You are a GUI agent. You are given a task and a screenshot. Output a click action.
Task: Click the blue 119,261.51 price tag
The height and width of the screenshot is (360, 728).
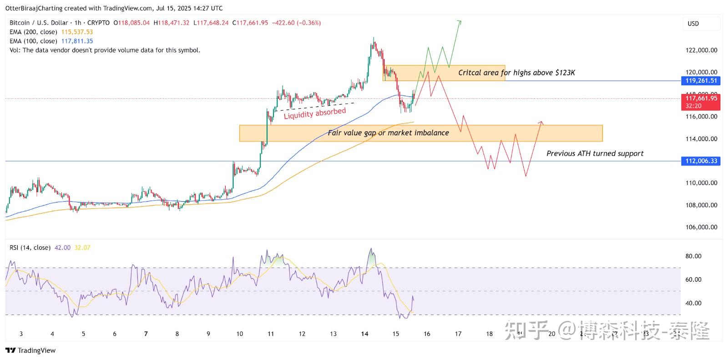(x=701, y=81)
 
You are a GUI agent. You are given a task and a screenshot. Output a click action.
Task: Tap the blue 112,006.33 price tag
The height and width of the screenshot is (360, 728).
(x=701, y=161)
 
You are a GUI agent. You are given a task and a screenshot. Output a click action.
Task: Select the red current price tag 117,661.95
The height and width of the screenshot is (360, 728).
(x=701, y=98)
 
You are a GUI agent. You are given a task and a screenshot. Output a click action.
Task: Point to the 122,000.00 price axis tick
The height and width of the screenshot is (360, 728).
(x=701, y=50)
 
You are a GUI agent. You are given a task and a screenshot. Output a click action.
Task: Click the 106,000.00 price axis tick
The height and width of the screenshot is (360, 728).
(x=701, y=227)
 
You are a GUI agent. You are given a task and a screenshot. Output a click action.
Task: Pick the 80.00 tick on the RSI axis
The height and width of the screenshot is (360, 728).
(x=693, y=256)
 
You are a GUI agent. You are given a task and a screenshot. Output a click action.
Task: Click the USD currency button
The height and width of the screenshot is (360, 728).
(x=693, y=24)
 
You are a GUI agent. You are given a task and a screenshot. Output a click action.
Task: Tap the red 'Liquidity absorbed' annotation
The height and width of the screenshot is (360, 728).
(x=314, y=113)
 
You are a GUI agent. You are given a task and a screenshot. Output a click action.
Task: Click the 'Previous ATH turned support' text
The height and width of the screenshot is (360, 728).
(x=595, y=154)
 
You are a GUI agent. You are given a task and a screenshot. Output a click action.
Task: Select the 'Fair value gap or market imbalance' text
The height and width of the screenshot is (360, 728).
(x=388, y=133)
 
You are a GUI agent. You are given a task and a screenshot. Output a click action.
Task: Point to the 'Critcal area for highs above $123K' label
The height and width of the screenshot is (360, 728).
(x=516, y=73)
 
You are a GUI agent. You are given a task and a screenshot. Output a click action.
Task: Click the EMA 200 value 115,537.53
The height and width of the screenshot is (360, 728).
(x=77, y=32)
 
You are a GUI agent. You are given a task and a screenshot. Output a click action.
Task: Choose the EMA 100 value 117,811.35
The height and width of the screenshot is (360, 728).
(x=77, y=41)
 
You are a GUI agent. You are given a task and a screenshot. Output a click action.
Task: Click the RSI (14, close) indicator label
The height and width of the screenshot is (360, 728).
(x=30, y=248)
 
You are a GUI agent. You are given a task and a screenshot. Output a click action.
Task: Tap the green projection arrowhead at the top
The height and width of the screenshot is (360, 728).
(x=460, y=21)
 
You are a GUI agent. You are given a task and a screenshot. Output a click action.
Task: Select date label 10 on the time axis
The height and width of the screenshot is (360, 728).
(x=239, y=334)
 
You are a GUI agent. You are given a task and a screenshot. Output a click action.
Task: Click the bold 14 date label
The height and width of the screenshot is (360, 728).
(x=364, y=334)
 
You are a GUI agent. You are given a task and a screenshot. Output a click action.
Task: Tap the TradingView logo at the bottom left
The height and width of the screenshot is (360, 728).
(x=30, y=350)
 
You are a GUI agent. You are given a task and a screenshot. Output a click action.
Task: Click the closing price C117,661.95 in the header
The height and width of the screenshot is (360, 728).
(x=250, y=23)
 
